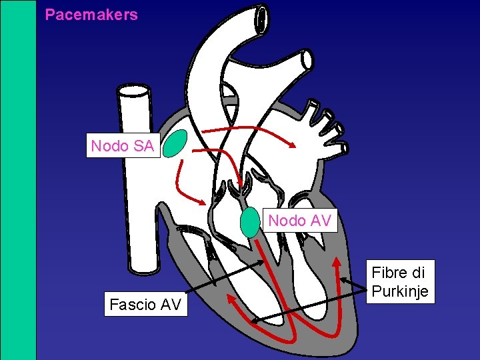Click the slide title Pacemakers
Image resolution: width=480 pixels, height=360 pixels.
(x=91, y=15)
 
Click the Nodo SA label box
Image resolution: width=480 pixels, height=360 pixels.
(x=122, y=146)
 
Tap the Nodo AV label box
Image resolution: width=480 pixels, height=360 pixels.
(x=299, y=221)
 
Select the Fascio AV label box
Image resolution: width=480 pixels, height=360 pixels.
(x=145, y=305)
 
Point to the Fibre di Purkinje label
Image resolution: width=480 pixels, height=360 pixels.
(x=399, y=282)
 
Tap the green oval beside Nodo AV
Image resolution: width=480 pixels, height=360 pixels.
(x=249, y=223)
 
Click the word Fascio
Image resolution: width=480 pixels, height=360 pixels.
(x=132, y=305)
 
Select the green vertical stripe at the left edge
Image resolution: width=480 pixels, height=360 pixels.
(x=18, y=180)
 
